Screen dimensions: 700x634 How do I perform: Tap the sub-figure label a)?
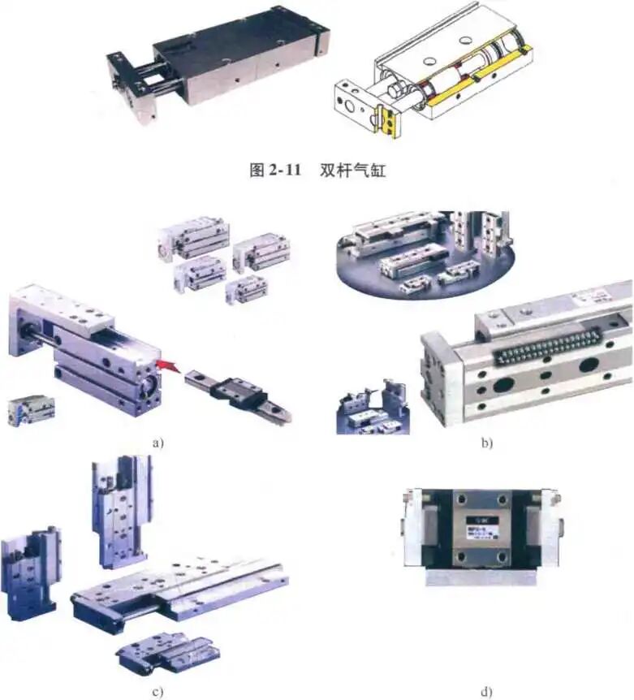[158, 442]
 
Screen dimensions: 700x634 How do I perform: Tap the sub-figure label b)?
[486, 443]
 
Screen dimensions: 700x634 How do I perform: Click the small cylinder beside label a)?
[31, 409]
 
